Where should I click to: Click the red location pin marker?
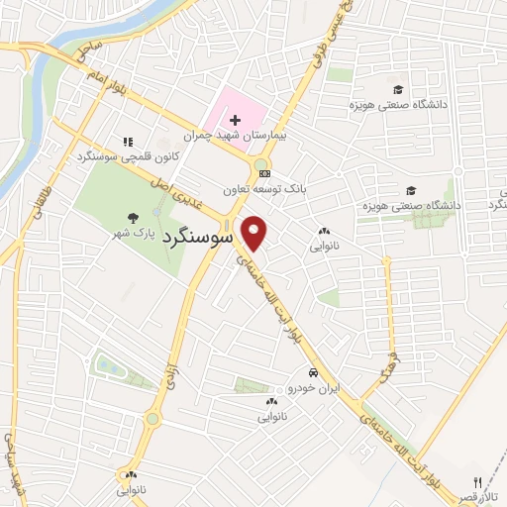255,233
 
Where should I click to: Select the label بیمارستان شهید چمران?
228,135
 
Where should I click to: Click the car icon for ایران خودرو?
313,373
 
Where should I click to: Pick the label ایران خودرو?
316,389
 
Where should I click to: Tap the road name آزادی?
167,374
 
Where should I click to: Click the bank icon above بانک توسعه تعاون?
263,172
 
